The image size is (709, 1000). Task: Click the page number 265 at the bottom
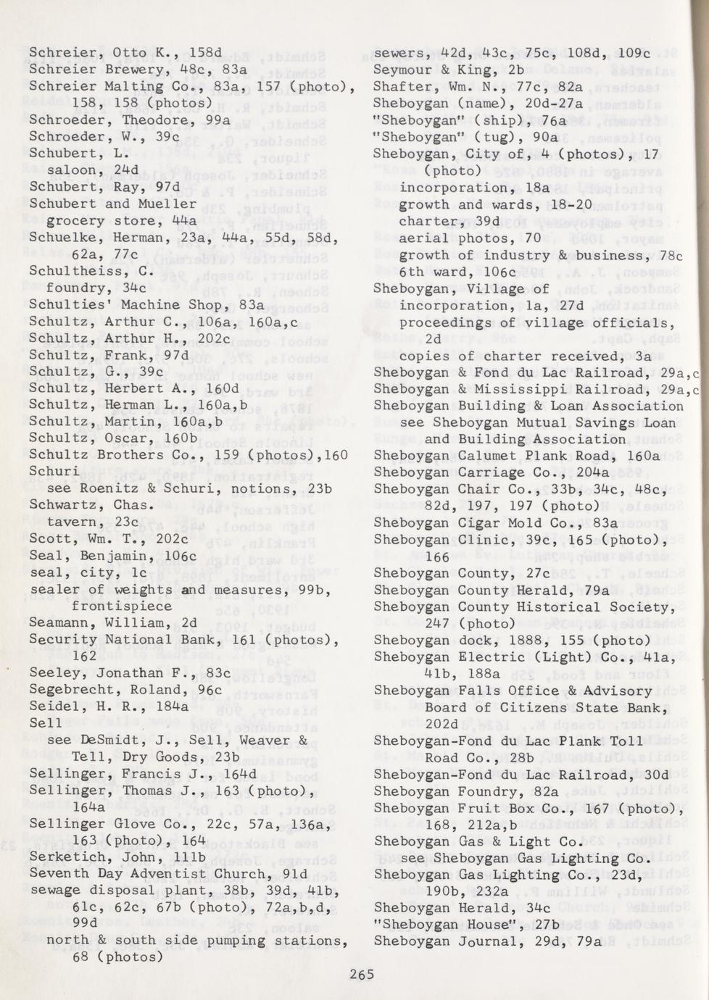[361, 974]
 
